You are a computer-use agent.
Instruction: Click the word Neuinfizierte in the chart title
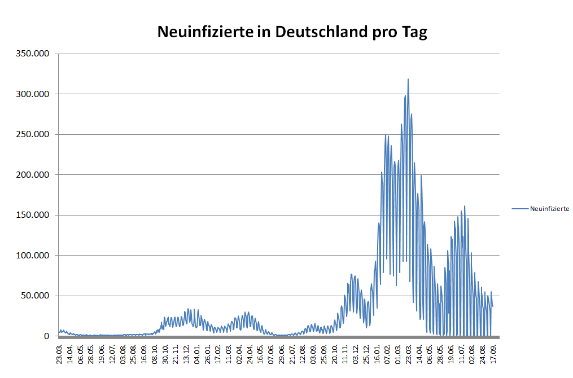[205, 32]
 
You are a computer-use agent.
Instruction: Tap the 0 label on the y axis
[47, 336]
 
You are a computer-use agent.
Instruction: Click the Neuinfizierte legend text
[549, 209]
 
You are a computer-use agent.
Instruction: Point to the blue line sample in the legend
[519, 209]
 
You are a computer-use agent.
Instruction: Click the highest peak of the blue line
[408, 80]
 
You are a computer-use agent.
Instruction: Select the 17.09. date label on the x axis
[493, 352]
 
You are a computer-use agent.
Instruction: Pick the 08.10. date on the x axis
[155, 352]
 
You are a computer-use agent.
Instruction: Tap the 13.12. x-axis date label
[187, 352]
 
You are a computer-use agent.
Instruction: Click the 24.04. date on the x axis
[250, 352]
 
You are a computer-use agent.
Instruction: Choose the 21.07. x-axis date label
[292, 352]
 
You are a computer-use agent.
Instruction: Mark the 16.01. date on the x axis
[377, 352]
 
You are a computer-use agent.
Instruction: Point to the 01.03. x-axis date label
[399, 352]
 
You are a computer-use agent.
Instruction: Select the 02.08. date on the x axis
[473, 352]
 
